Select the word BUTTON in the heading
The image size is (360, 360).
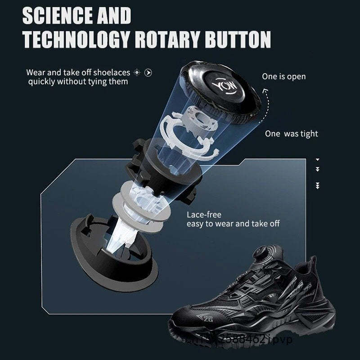click(238, 39)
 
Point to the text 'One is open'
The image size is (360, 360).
click(283, 76)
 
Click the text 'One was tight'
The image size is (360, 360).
click(291, 134)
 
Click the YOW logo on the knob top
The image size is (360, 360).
click(221, 85)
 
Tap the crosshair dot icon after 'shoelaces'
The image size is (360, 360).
click(137, 72)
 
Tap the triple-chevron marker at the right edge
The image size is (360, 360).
click(318, 185)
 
